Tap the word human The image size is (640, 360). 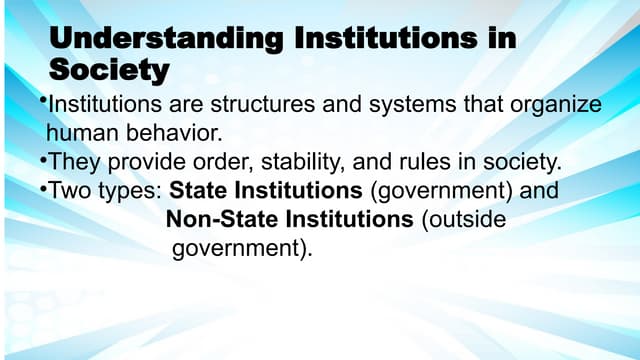(81, 131)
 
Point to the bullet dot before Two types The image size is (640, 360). (44, 185)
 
